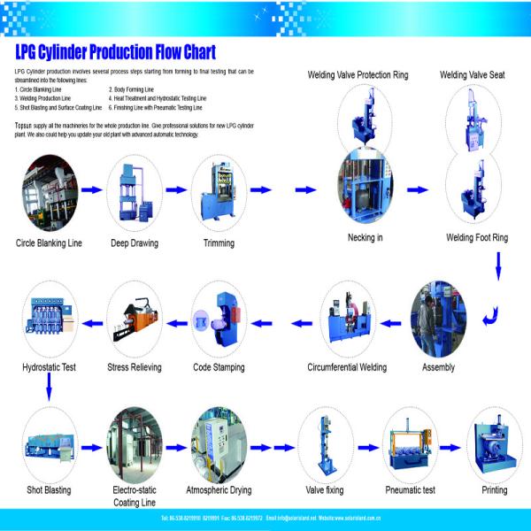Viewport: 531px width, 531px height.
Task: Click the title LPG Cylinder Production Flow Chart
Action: click(115, 51)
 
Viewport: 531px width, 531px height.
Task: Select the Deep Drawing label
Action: click(135, 242)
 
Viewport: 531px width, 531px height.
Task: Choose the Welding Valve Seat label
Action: click(472, 75)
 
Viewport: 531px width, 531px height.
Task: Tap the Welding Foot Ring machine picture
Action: click(475, 188)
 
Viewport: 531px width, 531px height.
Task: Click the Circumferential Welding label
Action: click(347, 366)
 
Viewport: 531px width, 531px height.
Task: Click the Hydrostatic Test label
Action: click(50, 366)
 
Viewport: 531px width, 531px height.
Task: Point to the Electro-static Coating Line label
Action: click(135, 495)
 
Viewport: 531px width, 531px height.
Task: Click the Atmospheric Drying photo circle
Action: click(219, 441)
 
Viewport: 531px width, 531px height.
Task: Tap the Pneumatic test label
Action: click(410, 489)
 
